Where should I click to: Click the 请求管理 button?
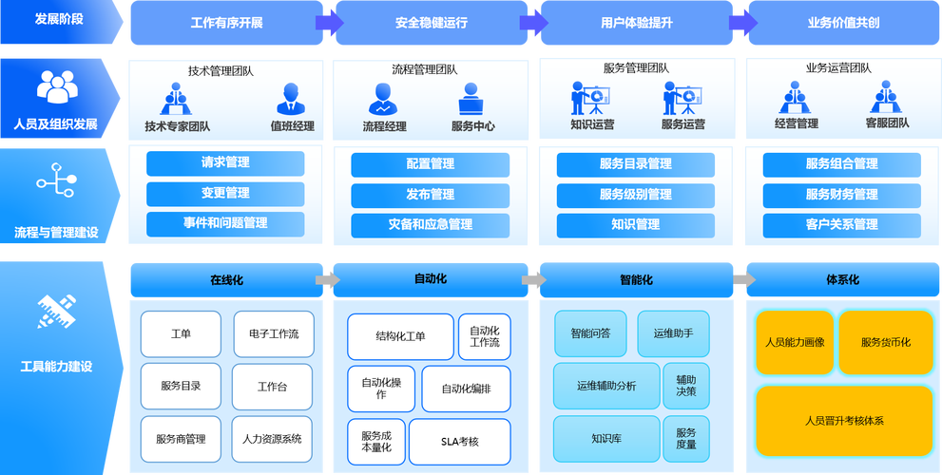pos(225,162)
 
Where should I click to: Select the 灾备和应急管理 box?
pos(431,224)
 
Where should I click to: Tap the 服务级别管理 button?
pos(635,194)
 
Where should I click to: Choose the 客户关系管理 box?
pos(841,224)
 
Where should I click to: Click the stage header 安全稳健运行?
pos(431,23)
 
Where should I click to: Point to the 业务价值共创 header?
pos(842,23)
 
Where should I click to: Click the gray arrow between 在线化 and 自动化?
pos(327,280)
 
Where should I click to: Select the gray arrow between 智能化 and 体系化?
pos(744,279)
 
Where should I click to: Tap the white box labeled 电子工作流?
pos(273,333)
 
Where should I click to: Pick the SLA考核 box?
pos(460,441)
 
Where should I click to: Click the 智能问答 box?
pos(590,333)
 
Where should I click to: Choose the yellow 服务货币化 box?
pos(885,342)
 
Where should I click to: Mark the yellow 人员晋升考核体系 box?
pos(843,420)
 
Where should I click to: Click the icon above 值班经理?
pos(291,98)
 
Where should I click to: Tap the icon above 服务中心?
pos(472,98)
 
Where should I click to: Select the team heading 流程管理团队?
pos(424,69)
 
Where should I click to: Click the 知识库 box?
pos(606,439)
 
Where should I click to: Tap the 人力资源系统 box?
pos(272,439)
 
